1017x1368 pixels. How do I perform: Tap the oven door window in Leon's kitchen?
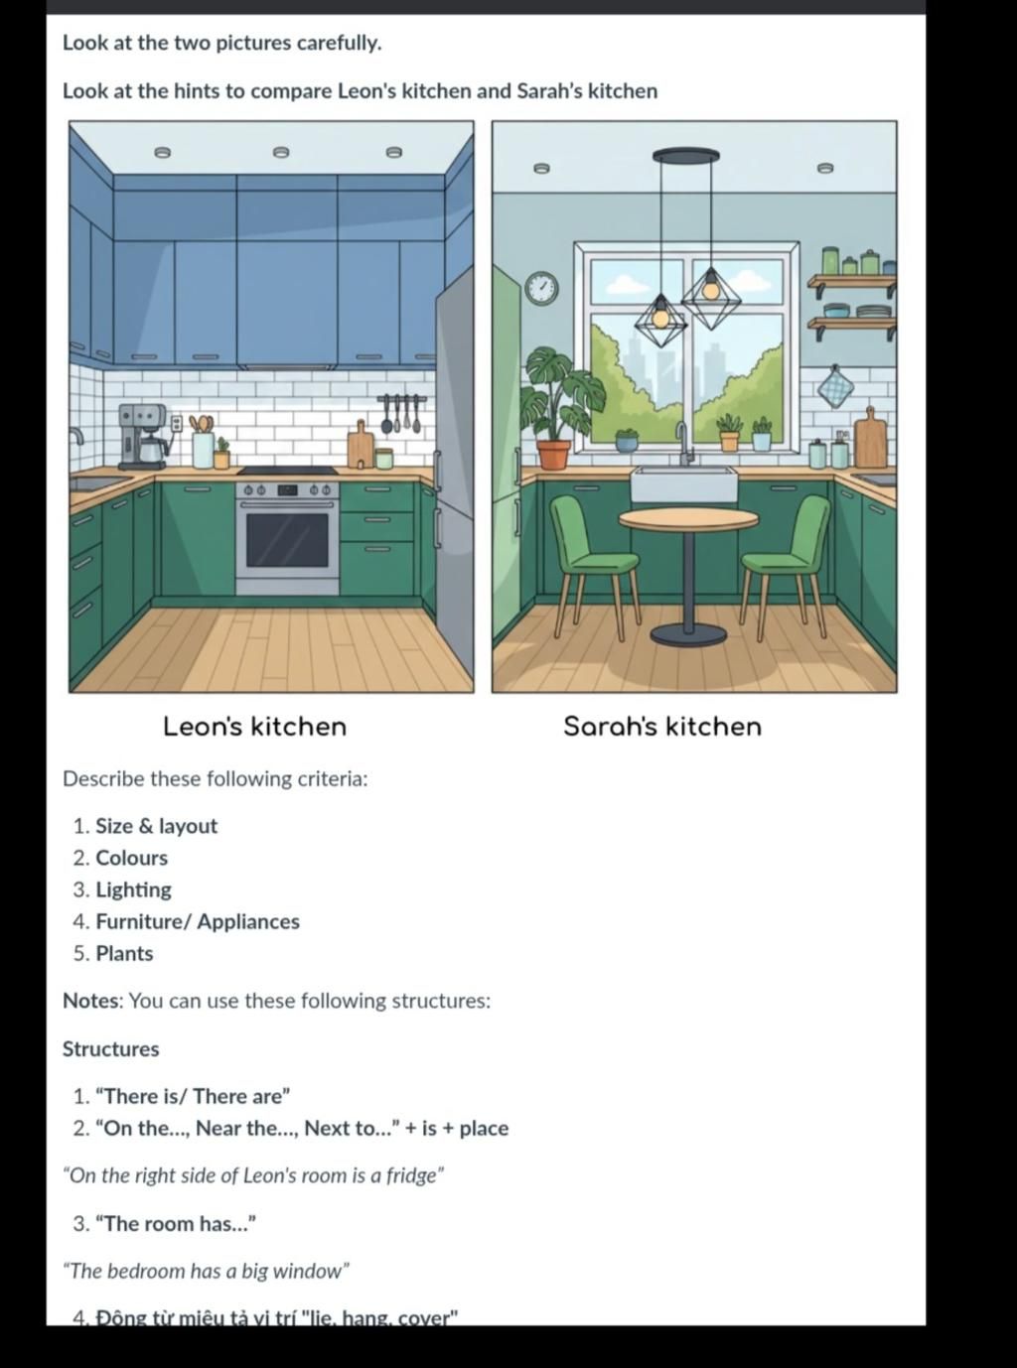[287, 540]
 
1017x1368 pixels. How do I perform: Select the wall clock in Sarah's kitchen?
[541, 288]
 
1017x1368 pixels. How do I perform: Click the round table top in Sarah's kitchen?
[687, 519]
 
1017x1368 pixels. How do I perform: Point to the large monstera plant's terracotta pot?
[553, 454]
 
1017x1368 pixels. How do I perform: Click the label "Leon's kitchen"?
[254, 727]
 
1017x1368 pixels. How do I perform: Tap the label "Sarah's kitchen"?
[662, 727]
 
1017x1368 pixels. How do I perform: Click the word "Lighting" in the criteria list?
[133, 889]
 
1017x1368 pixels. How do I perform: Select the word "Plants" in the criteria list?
[124, 953]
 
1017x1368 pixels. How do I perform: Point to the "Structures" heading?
[110, 1049]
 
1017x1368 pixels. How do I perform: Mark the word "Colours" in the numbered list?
[131, 858]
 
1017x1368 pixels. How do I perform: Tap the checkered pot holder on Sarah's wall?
[835, 387]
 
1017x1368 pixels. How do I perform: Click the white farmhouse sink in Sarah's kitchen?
[683, 485]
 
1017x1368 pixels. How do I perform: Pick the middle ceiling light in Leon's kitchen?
[281, 152]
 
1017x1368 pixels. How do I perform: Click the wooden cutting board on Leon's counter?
[360, 448]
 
